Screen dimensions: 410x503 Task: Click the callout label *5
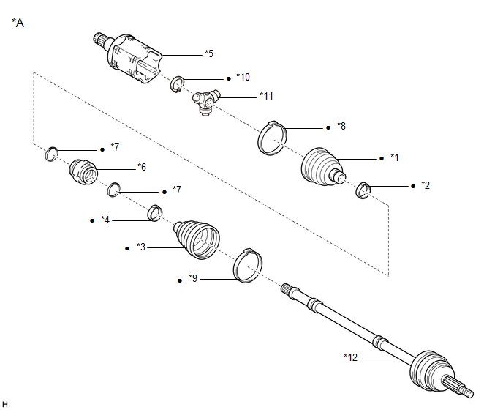209,53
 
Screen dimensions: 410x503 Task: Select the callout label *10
243,77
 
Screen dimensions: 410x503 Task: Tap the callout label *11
266,96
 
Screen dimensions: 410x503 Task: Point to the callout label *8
340,127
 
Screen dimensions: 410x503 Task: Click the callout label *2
425,186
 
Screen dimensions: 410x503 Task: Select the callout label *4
105,220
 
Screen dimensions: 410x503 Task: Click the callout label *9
193,278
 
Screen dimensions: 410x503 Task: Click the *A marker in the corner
18,23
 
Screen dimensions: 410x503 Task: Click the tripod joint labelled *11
204,103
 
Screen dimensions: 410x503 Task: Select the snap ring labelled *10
176,85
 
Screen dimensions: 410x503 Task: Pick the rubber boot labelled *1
320,169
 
